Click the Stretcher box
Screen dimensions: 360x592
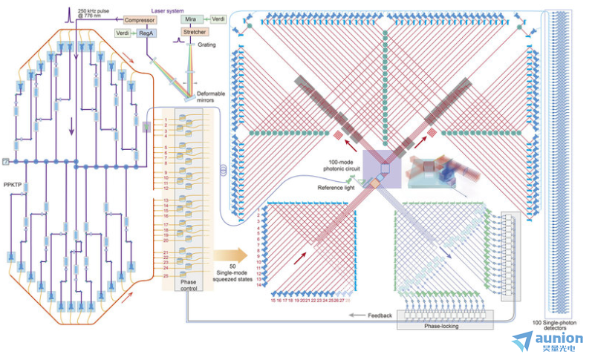tap(195, 33)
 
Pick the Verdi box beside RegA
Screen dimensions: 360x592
tap(122, 33)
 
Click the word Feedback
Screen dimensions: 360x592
tap(380, 315)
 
